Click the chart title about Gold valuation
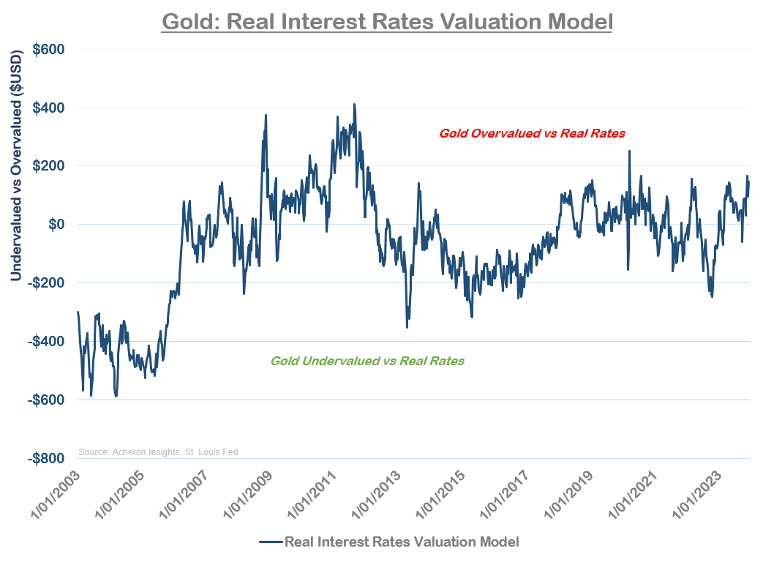tap(386, 20)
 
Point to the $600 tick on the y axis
tap(48, 50)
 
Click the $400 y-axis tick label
tap(48, 108)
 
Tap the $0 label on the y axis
tap(56, 224)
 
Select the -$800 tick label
tap(46, 458)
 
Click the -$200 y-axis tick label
tap(46, 283)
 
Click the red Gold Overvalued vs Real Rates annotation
tap(532, 134)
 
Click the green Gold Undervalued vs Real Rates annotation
tap(367, 361)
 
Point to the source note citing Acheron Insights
tap(158, 452)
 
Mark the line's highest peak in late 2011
tap(354, 104)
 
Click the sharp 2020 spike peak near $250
tap(629, 151)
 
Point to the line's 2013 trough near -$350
tap(407, 327)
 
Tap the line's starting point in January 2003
tap(78, 312)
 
